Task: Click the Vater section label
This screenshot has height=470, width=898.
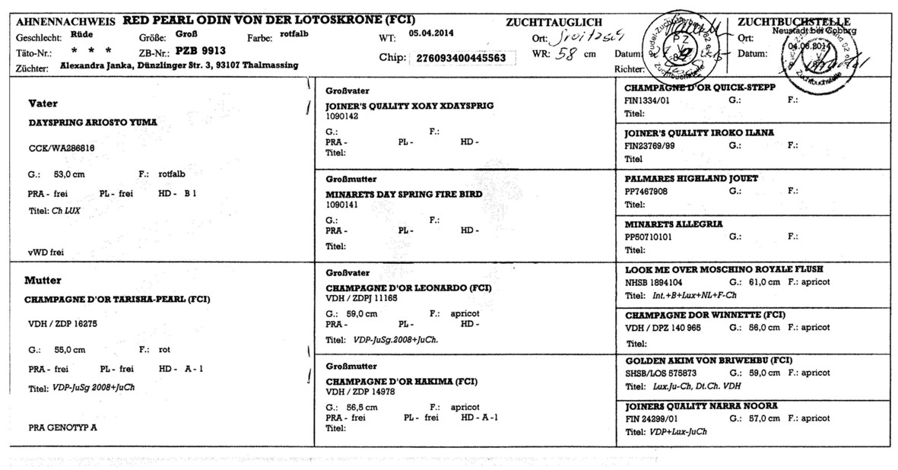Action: pyautogui.click(x=43, y=103)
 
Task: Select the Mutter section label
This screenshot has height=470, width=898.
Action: pyautogui.click(x=43, y=280)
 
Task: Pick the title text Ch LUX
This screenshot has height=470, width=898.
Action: pyautogui.click(x=66, y=210)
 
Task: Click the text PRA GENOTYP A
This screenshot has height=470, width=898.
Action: pyautogui.click(x=62, y=427)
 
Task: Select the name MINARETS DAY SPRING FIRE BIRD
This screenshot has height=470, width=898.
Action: pyautogui.click(x=403, y=195)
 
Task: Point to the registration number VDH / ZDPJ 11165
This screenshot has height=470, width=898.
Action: pyautogui.click(x=361, y=299)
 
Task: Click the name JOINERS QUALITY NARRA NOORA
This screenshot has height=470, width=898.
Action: pyautogui.click(x=701, y=407)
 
